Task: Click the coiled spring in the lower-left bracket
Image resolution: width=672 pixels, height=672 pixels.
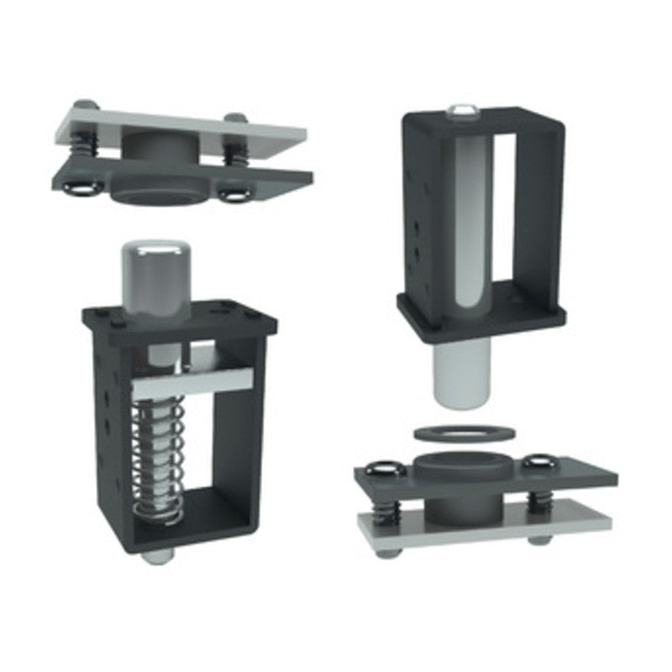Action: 159,462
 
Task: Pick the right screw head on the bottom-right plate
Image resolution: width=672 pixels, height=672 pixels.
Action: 538,464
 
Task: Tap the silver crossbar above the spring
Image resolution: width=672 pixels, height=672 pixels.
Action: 192,382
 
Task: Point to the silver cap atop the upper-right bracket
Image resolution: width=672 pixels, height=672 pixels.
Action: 461,110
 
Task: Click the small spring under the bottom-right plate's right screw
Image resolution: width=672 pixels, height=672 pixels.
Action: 537,501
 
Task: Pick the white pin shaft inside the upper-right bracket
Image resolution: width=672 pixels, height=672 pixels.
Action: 469,227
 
